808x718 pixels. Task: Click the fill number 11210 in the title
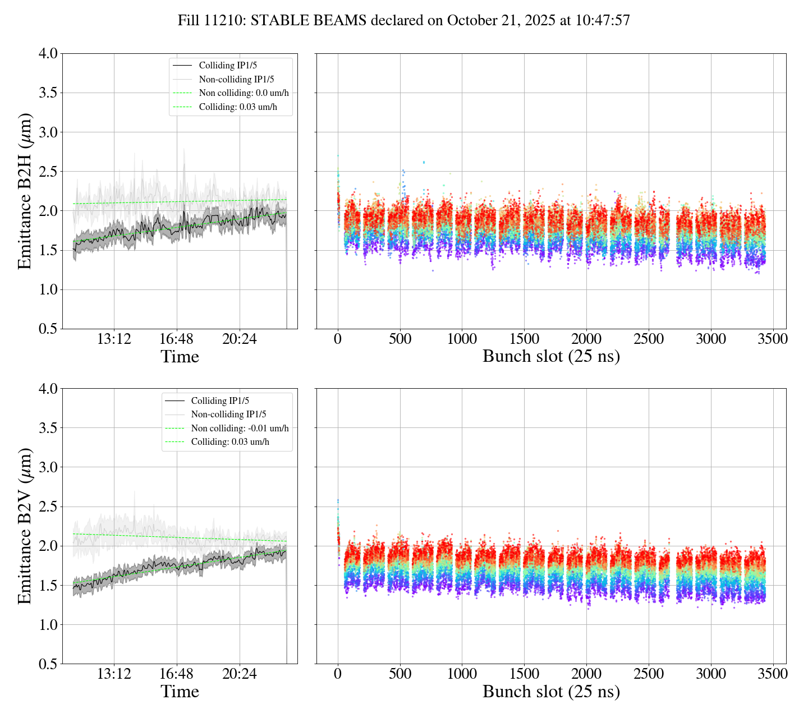coord(227,21)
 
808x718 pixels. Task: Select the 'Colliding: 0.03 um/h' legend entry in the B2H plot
coord(238,107)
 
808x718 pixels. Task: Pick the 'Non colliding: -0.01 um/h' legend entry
coord(240,429)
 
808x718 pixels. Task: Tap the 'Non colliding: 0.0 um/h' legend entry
coord(247,93)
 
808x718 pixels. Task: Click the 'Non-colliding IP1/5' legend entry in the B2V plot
coord(228,415)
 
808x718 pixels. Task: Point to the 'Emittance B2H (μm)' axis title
coord(25,191)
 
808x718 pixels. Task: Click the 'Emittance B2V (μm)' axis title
coord(25,526)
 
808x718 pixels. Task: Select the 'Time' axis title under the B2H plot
coord(180,357)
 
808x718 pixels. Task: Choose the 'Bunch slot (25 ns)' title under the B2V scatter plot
coord(551,692)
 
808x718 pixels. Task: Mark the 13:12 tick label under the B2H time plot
coord(114,339)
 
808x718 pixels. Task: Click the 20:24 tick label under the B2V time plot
coord(240,674)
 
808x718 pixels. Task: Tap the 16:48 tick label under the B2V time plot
coord(177,674)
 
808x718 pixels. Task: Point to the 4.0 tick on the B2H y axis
coord(48,53)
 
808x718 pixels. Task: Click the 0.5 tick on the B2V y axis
coord(48,664)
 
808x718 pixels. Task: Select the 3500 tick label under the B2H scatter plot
coord(773,339)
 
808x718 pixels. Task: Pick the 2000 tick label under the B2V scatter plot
coord(586,674)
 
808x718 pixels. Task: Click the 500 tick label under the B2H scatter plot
coord(400,339)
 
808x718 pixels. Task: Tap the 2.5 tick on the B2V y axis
coord(48,507)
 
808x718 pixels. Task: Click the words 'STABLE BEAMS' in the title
coord(309,21)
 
